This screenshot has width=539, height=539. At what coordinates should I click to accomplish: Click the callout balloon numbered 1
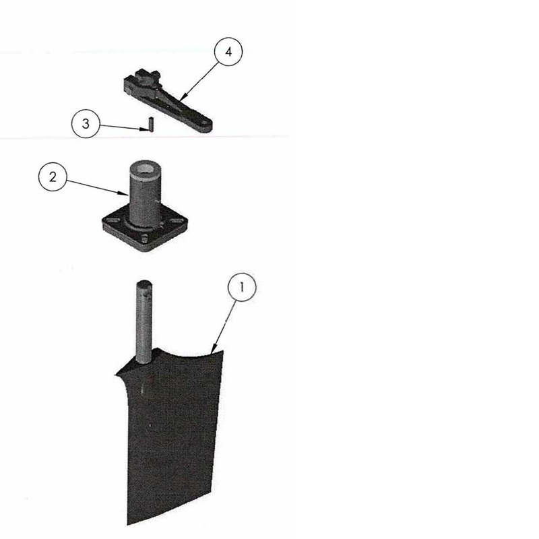coord(242,287)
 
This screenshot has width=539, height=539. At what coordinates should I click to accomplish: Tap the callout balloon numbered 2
coord(53,177)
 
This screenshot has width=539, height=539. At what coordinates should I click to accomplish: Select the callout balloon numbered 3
coord(86,124)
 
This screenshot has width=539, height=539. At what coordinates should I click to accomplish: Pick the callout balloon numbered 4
coord(228,52)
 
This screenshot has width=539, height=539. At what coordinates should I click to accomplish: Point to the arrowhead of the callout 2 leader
coord(124,194)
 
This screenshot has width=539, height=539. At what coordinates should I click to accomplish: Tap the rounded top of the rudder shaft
coord(144,284)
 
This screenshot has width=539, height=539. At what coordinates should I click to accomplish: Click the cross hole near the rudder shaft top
coord(148,295)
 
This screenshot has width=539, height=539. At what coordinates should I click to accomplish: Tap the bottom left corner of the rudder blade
coord(128,524)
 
